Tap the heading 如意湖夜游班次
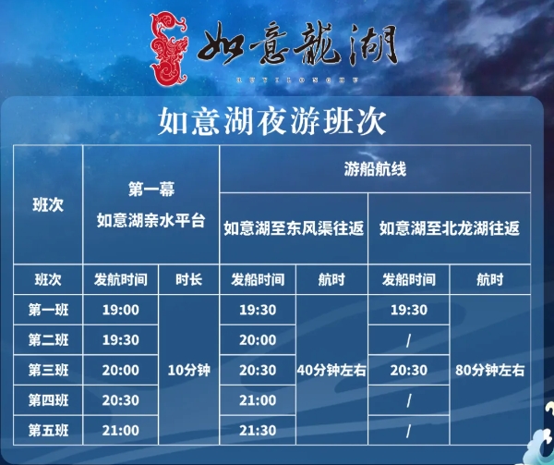coord(271,120)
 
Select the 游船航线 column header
coord(375,171)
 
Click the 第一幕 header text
coord(151,190)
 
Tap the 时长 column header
coord(187,279)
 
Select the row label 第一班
coord(47,310)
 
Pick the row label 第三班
coord(47,370)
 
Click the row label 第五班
coord(47,430)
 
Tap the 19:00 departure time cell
coord(121,310)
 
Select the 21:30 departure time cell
coord(258,430)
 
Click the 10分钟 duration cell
coord(188,370)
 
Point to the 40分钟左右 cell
coord(331,370)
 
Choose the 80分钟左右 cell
coord(490,370)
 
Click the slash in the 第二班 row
coord(409,340)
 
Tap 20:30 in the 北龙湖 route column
coord(409,370)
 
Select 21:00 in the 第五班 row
coord(121,430)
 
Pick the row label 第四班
coord(47,400)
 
